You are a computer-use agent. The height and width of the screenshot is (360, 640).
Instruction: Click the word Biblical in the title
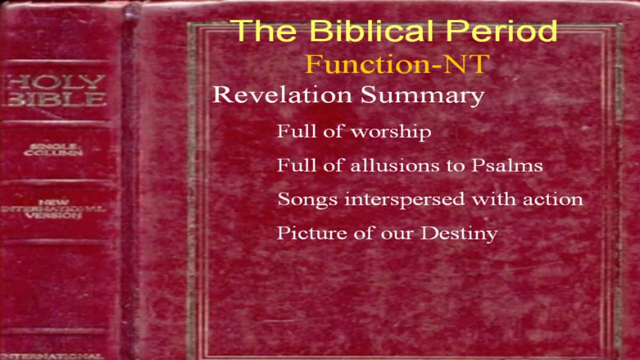(x=371, y=30)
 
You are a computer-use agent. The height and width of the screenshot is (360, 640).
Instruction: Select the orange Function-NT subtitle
(x=397, y=64)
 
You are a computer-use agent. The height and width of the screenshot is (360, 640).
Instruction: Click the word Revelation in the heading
(x=282, y=95)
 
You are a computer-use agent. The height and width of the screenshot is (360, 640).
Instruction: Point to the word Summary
(x=422, y=96)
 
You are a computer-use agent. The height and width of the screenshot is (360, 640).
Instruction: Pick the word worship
(x=391, y=132)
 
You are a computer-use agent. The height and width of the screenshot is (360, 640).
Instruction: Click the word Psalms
(x=507, y=165)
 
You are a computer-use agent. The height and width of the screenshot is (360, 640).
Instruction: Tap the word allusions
(x=394, y=165)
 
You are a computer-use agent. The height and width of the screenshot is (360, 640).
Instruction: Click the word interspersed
(x=405, y=199)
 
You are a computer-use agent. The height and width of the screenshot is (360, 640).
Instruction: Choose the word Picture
(x=311, y=233)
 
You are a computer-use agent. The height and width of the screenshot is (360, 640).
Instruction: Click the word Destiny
(x=459, y=234)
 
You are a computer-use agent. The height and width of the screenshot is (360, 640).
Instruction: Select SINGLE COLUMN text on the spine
(x=53, y=150)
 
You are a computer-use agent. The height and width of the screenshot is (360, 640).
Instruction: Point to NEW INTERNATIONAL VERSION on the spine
(x=53, y=209)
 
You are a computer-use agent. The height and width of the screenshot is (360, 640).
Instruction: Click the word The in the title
(x=265, y=30)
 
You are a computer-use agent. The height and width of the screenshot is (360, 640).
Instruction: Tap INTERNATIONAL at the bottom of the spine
(x=51, y=356)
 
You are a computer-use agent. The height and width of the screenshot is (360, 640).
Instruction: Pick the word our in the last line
(x=397, y=234)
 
